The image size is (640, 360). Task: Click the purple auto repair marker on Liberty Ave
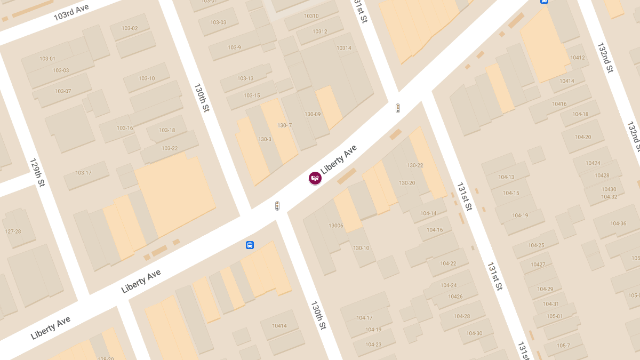tap(315, 178)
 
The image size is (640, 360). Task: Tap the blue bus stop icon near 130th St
tap(250, 245)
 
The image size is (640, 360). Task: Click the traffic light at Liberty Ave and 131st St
tap(398, 108)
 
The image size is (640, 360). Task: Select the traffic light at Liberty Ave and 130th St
tap(277, 206)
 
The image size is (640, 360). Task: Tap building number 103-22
tap(170, 148)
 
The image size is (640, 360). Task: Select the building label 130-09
tap(313, 114)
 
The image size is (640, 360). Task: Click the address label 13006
tap(336, 226)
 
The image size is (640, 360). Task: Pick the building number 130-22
tap(415, 165)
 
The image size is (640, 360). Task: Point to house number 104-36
tap(618, 223)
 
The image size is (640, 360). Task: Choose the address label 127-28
tap(13, 231)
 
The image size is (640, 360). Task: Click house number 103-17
tap(83, 173)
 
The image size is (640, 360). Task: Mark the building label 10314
tap(344, 48)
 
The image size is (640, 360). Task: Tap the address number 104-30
tap(474, 333)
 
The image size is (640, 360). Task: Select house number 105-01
tap(555, 316)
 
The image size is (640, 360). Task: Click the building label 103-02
tap(130, 28)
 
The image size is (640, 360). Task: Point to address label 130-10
tap(361, 248)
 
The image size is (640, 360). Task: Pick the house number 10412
tap(578, 58)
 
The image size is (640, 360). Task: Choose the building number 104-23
tap(373, 345)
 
